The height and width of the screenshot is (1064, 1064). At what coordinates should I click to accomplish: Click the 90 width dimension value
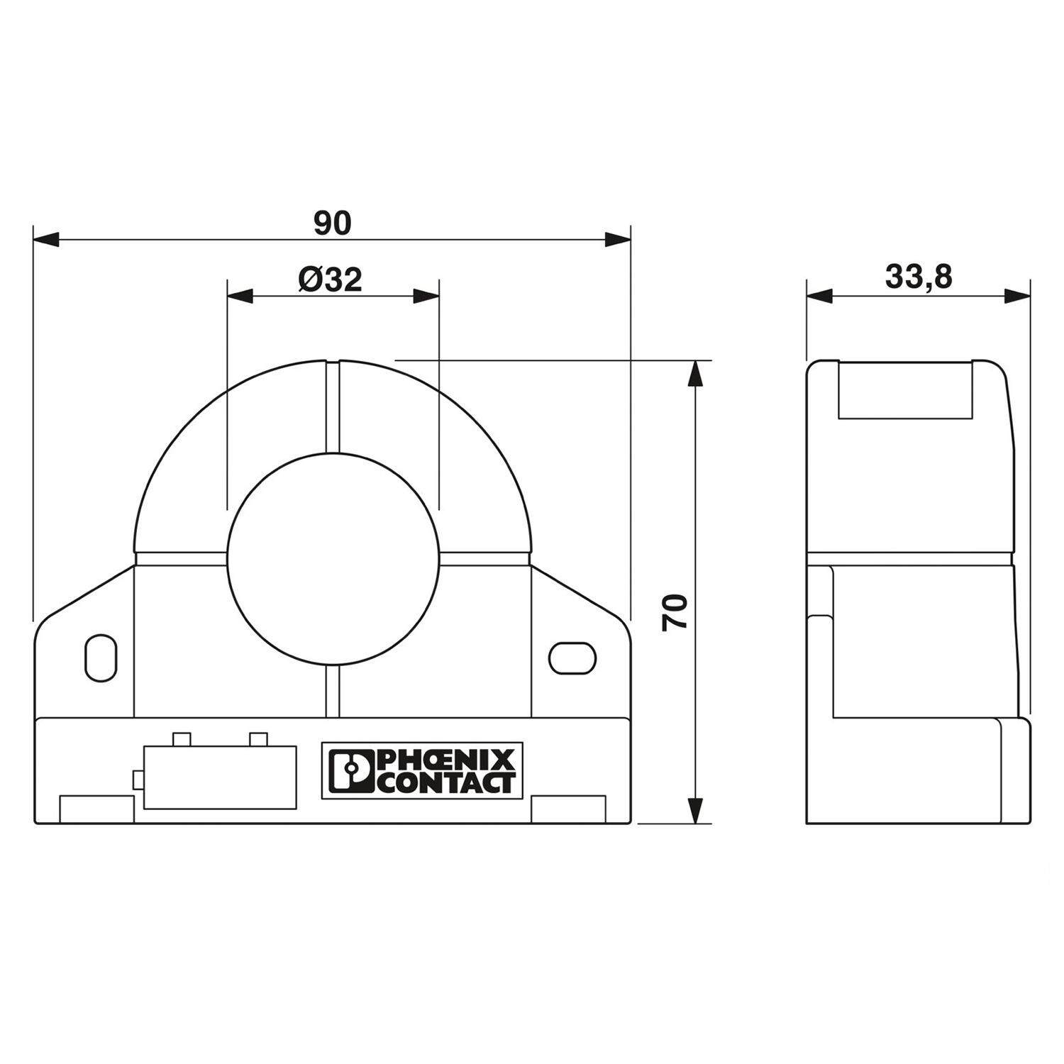332,223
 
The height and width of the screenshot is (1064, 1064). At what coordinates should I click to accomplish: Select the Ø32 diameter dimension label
331,280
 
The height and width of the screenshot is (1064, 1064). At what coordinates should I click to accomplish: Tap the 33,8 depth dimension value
918,277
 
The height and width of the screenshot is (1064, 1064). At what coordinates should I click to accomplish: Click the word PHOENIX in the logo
444,762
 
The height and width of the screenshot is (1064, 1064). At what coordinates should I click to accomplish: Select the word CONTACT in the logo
444,782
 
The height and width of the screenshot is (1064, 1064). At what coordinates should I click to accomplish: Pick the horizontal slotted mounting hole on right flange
572,658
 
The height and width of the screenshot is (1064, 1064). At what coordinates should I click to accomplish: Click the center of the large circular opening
332,559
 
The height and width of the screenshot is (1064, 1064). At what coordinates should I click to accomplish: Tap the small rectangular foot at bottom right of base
568,811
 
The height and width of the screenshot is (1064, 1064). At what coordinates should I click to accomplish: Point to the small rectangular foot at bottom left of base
96,811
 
